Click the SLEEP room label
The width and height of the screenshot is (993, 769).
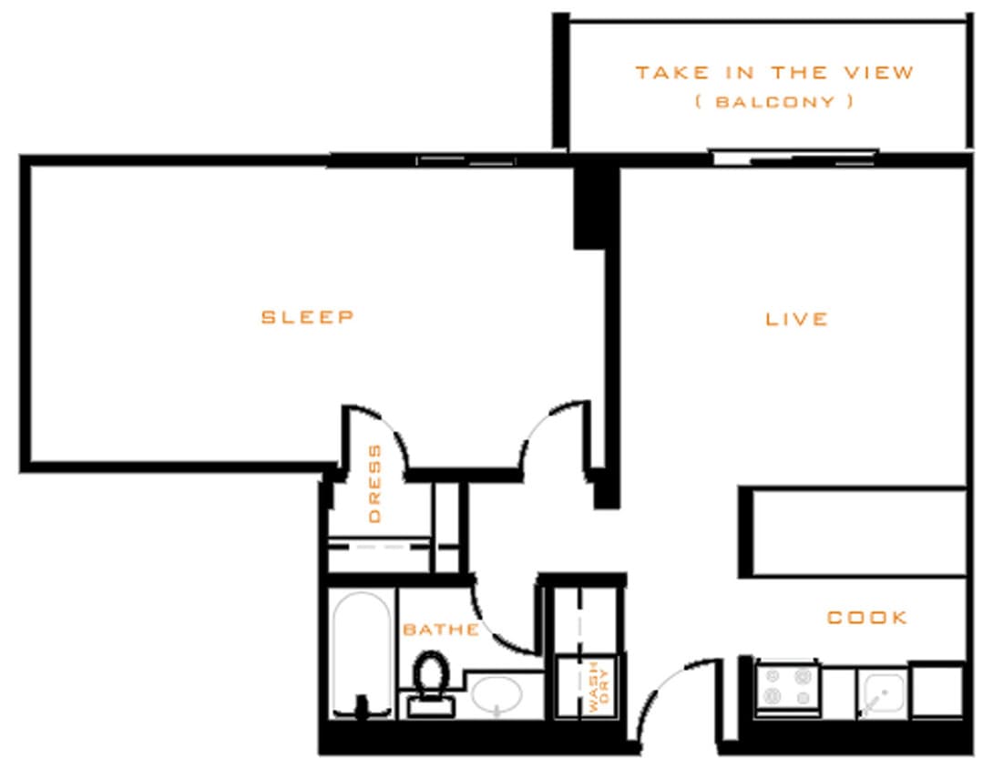coord(307,317)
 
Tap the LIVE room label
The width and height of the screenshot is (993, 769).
coord(796,319)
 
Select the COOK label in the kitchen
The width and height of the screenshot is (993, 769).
coord(867,618)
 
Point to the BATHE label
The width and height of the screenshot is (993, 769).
coord(441,630)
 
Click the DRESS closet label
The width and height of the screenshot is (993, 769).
coord(375,483)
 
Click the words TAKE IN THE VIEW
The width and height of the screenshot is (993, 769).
coord(773,73)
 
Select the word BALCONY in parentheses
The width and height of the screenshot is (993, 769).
coord(773,102)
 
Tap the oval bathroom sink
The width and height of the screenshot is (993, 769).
coord(496,694)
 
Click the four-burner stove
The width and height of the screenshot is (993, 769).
coord(787,688)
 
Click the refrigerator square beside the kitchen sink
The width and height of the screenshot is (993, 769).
coord(937,691)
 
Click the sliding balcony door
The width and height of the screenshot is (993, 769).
coord(793,159)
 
